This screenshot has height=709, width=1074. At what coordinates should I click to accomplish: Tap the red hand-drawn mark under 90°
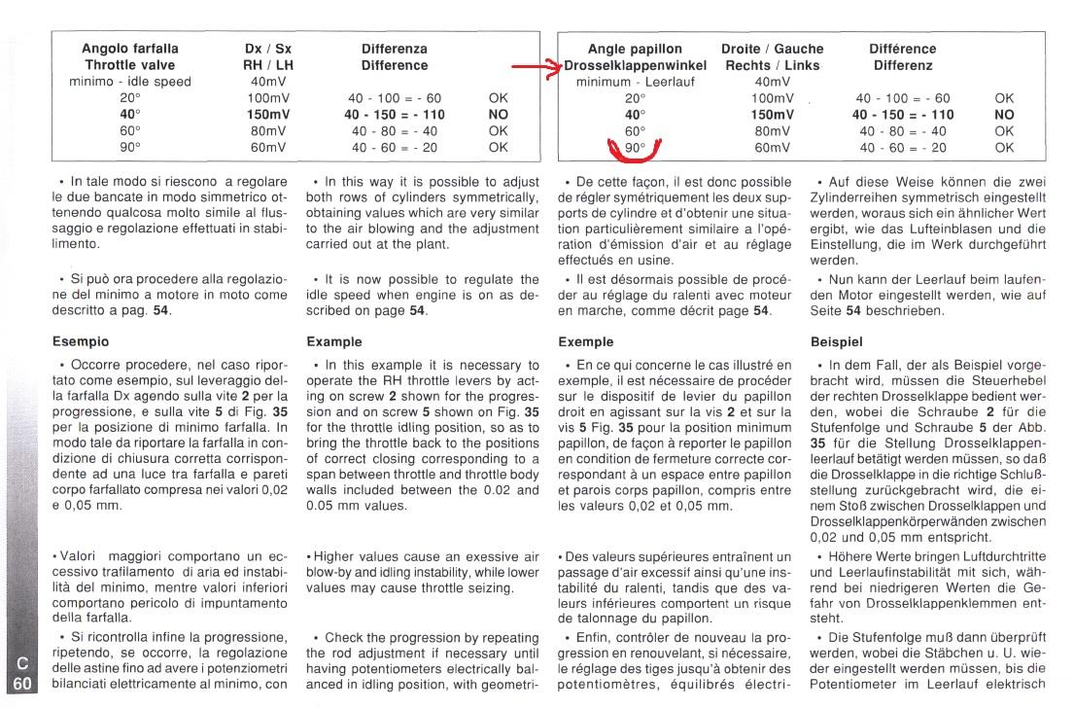click(635, 150)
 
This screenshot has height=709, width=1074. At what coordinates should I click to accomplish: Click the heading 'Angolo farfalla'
click(129, 49)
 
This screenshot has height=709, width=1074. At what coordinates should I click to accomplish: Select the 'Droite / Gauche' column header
click(772, 49)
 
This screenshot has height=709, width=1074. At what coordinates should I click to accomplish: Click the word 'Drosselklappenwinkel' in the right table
click(636, 65)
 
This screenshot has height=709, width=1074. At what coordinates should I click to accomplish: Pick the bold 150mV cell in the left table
click(270, 115)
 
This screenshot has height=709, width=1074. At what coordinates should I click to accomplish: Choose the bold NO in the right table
click(1005, 115)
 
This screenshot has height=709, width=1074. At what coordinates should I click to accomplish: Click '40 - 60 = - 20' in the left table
click(395, 148)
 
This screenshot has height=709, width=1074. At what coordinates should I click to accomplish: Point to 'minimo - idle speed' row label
click(130, 82)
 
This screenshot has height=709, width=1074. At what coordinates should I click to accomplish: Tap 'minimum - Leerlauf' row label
click(635, 82)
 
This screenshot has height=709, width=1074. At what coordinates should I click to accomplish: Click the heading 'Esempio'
click(81, 342)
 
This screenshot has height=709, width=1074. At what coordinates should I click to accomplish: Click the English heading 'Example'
click(334, 342)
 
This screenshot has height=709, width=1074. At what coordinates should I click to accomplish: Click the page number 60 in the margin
click(22, 684)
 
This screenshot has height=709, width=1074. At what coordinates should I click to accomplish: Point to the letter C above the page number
click(22, 664)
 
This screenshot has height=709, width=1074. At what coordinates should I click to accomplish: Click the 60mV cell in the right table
click(772, 148)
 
